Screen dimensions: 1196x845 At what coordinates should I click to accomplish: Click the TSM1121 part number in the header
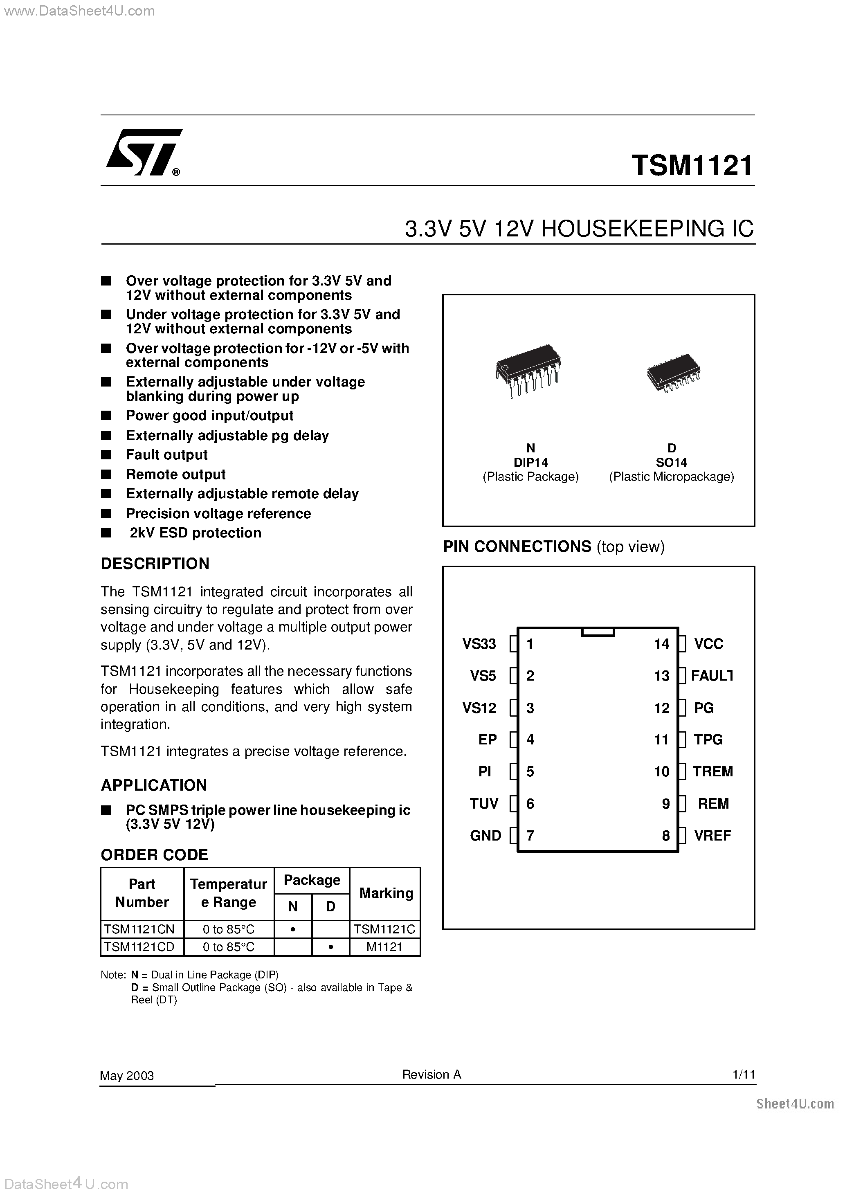click(x=692, y=166)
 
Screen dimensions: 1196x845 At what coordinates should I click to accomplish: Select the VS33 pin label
click(x=479, y=644)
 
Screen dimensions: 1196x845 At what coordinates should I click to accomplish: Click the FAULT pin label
click(x=711, y=676)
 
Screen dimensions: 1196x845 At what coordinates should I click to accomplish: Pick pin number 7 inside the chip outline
click(x=530, y=836)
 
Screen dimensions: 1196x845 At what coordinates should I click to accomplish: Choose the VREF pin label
click(x=712, y=836)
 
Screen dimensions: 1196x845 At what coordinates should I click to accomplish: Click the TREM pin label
click(x=712, y=771)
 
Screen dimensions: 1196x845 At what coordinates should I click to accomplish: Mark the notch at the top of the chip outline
click(x=598, y=632)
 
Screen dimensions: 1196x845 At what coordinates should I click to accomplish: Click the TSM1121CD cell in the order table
click(x=139, y=947)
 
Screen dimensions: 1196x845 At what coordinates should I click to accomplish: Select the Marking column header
click(x=386, y=893)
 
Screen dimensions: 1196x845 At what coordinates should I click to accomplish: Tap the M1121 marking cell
click(x=384, y=947)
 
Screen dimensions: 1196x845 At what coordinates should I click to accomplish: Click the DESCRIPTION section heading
click(x=155, y=564)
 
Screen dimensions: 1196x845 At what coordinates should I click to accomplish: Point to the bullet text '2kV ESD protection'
click(x=196, y=533)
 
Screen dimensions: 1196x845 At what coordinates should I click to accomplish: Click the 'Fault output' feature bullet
click(x=167, y=455)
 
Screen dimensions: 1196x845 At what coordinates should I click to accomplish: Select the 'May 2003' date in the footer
click(x=127, y=1076)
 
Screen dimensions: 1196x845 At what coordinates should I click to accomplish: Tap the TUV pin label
click(x=483, y=804)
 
